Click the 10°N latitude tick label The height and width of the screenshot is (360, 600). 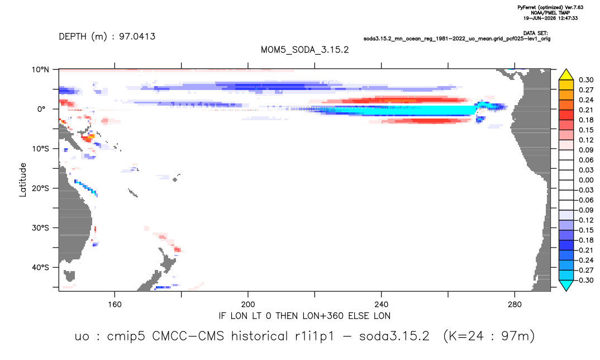pos(40,70)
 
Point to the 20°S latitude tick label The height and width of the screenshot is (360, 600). pos(40,188)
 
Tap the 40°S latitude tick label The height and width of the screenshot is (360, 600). pos(40,267)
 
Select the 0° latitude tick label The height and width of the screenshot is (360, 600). pos(41,109)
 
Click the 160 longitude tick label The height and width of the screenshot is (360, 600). pos(115,305)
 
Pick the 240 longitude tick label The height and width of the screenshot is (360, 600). pos(382,305)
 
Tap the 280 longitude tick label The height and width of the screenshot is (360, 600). pos(515,305)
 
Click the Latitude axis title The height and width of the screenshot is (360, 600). pos(23,180)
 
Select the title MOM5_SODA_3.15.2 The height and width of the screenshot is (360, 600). pos(304,50)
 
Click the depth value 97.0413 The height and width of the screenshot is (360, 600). pos(137,36)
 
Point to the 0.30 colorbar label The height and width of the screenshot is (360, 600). pos(586,80)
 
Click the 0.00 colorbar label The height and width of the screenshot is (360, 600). pos(586,180)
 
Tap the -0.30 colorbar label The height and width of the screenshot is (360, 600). pos(585,280)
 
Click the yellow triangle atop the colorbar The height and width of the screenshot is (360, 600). pos(566,75)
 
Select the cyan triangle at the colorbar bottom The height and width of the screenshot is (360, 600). pos(566,285)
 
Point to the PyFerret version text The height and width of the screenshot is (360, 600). pos(550,7)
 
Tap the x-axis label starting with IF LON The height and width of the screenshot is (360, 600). pos(304,316)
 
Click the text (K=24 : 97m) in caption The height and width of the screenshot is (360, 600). pos(489,337)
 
